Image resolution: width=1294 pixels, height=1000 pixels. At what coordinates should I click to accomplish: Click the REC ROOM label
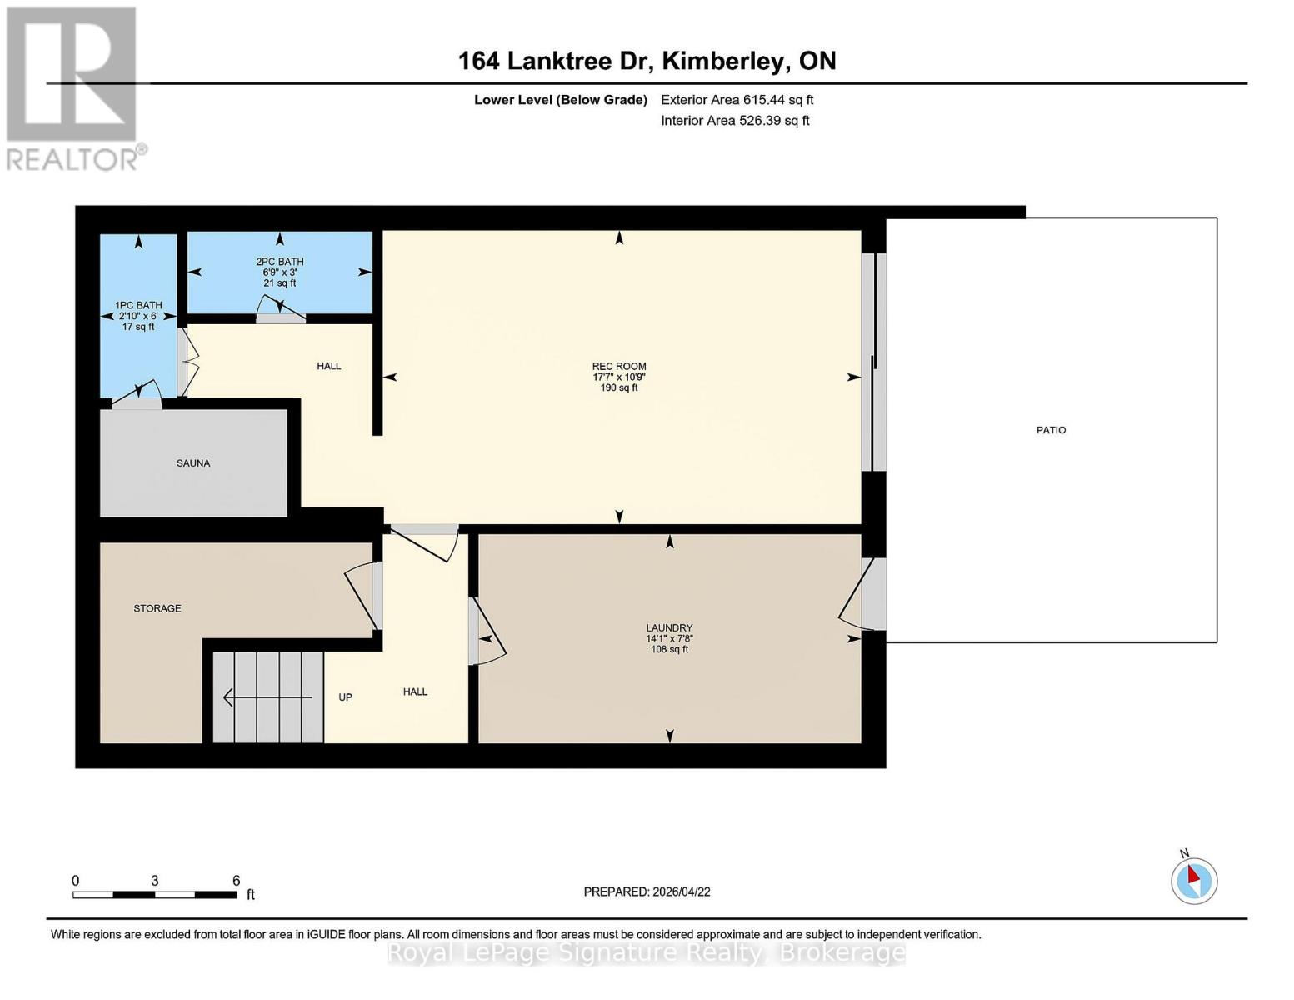[x=619, y=366]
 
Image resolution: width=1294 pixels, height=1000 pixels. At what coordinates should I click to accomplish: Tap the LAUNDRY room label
[x=669, y=627]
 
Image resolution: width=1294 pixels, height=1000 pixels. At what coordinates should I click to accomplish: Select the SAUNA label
[x=193, y=463]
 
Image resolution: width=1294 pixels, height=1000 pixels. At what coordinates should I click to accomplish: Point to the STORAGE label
[x=157, y=608]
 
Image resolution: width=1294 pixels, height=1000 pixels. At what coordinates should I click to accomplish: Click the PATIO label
[x=1051, y=430]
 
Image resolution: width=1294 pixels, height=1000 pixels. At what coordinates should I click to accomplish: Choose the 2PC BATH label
[x=279, y=262]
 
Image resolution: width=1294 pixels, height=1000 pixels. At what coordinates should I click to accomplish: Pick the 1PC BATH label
[x=138, y=305]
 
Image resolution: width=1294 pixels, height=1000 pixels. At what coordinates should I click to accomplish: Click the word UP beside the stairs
[x=345, y=697]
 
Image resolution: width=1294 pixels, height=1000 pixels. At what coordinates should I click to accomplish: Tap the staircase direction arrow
[x=267, y=697]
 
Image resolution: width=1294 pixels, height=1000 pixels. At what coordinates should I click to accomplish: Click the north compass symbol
[x=1194, y=880]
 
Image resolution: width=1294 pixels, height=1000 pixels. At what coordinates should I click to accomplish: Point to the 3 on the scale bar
[x=155, y=881]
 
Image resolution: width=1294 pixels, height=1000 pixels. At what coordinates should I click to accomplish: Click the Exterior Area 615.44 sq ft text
[x=737, y=100]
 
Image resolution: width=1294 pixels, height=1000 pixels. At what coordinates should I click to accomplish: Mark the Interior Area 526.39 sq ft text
[x=735, y=121]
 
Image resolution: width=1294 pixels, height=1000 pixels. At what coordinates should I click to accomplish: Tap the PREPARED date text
[x=647, y=892]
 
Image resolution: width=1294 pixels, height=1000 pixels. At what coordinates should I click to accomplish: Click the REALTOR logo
[x=73, y=87]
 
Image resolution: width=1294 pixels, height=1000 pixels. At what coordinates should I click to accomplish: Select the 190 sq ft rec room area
[x=619, y=387]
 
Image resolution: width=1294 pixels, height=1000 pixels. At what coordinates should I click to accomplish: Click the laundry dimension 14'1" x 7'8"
[x=669, y=638]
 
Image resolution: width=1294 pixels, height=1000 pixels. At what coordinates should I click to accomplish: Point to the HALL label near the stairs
[x=415, y=692]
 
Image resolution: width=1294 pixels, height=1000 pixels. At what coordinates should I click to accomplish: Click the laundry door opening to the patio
[x=867, y=593]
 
